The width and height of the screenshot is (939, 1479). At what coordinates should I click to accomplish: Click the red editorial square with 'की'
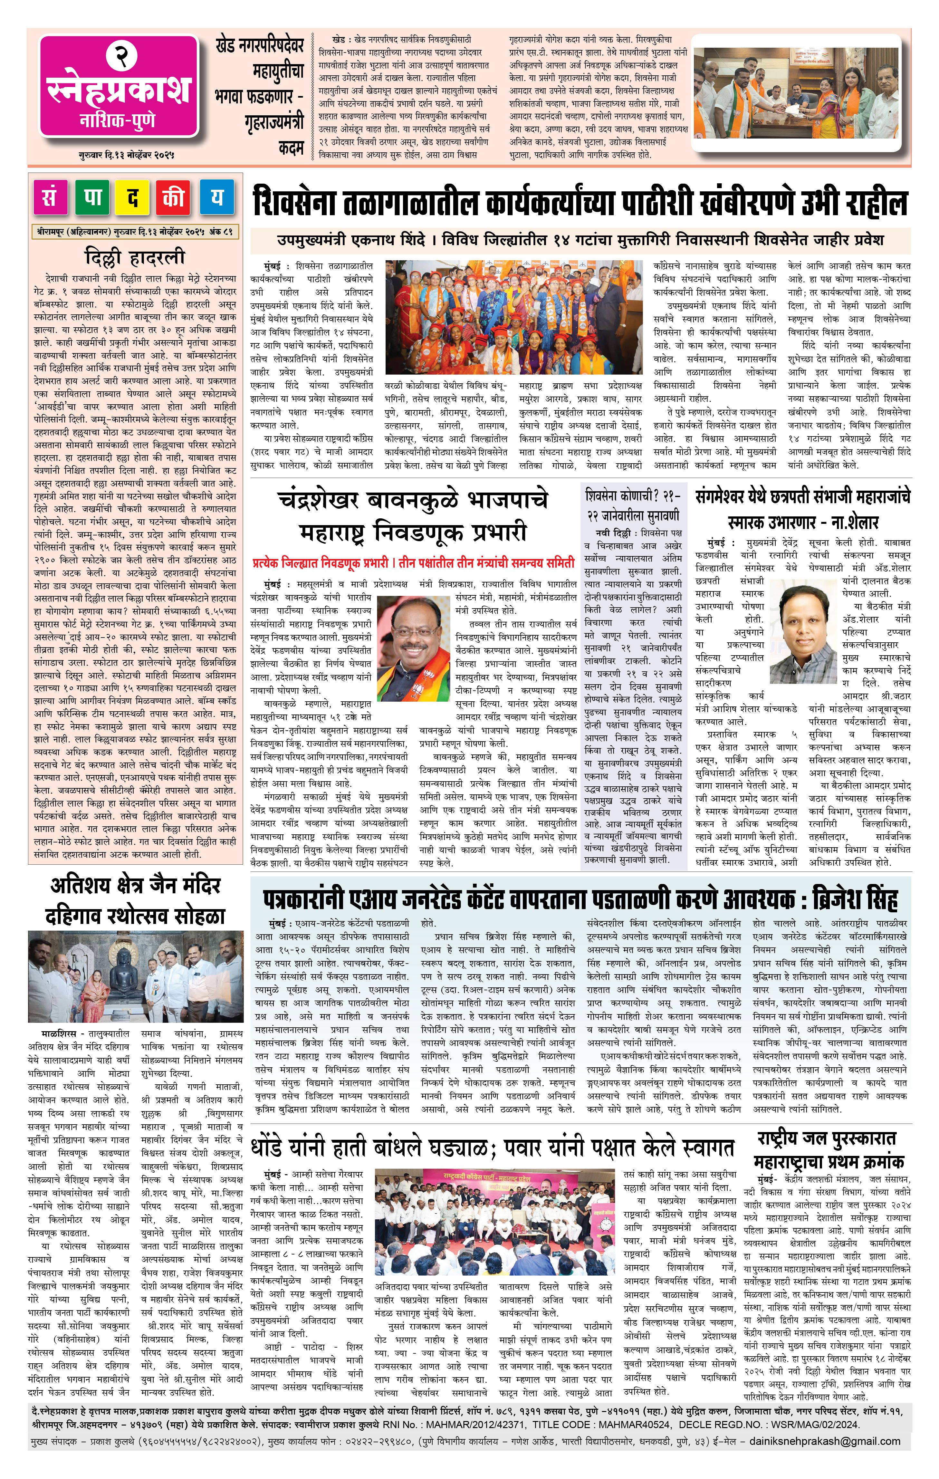coord(174,198)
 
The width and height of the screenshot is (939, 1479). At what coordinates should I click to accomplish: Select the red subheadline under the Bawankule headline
coord(413,562)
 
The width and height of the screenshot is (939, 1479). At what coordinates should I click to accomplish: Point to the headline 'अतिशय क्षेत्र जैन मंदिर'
coord(135,886)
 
